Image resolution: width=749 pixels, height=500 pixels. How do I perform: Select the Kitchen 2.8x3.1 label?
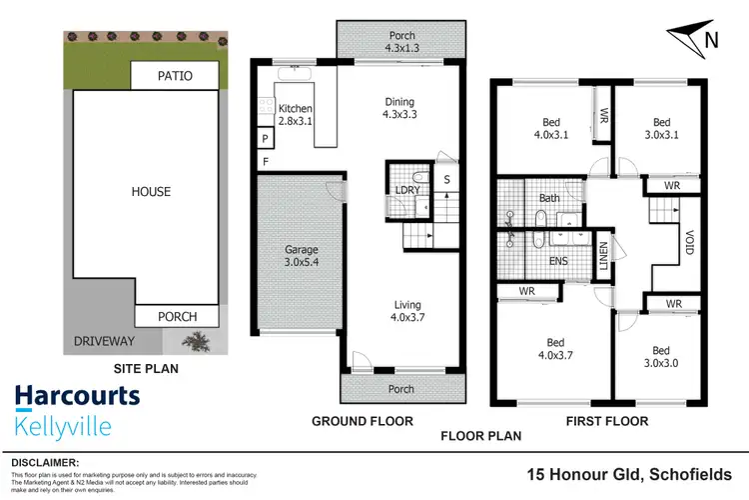click(x=297, y=115)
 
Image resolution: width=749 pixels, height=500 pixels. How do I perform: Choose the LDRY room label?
click(x=406, y=189)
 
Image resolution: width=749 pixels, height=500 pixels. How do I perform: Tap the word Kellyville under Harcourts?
click(x=62, y=427)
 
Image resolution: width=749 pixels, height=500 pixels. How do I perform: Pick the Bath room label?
click(x=548, y=198)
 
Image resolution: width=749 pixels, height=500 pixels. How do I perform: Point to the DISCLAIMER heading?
click(x=45, y=463)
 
